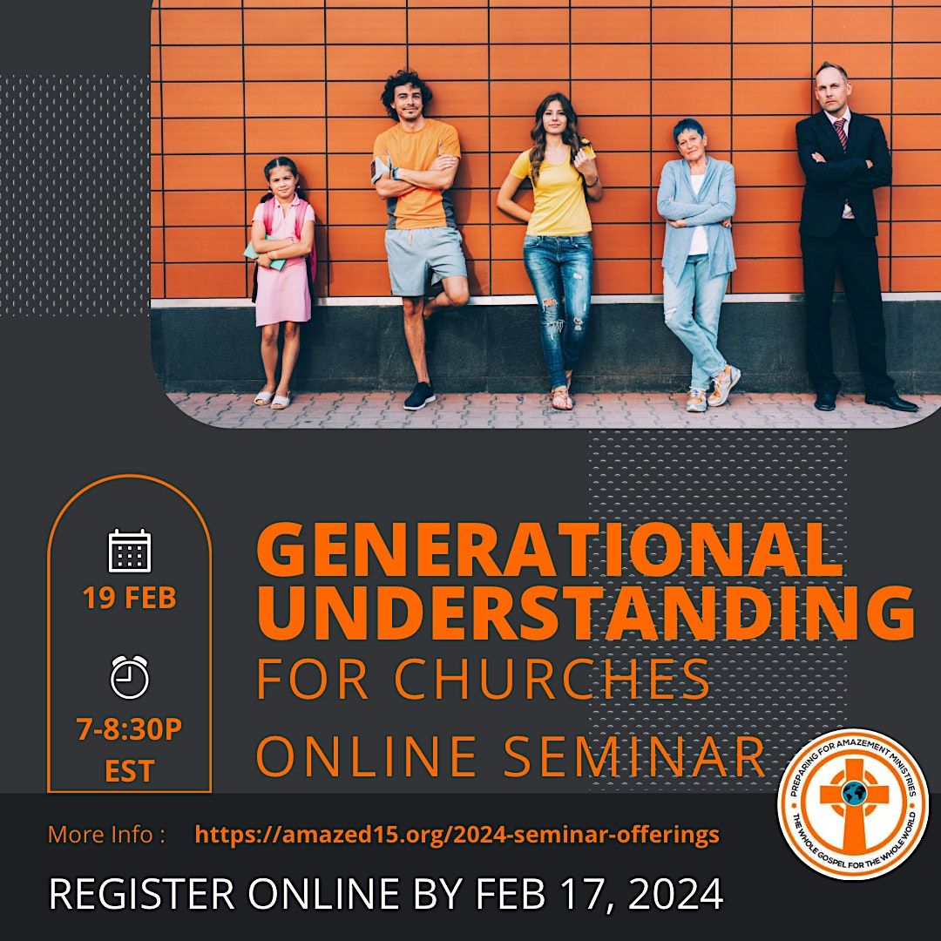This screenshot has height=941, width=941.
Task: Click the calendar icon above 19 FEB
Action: click(x=130, y=551)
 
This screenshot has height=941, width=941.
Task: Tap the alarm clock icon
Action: click(x=130, y=677)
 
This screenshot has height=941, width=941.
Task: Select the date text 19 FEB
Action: click(x=130, y=599)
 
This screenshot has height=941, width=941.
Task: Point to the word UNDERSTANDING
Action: click(x=586, y=612)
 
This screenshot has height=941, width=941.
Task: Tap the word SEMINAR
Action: click(x=635, y=755)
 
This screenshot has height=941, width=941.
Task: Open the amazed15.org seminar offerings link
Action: click(x=457, y=835)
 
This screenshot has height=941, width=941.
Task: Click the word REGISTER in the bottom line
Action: click(x=140, y=894)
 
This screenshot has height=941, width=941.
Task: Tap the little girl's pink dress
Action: click(x=281, y=279)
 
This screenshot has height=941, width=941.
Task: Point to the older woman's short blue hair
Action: click(x=687, y=130)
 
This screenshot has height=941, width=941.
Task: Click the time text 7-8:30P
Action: click(x=130, y=730)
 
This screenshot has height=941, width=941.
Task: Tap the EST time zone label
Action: click(x=130, y=771)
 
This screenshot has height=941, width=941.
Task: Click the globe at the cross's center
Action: click(x=853, y=792)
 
